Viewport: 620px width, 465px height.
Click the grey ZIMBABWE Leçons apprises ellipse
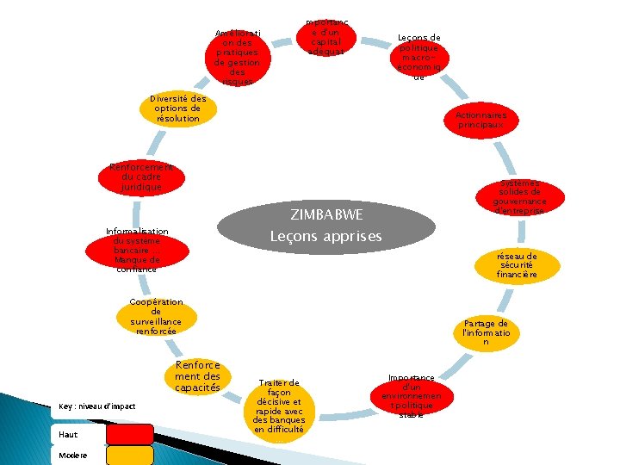[325, 224]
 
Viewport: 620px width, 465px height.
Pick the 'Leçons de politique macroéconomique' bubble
[419, 57]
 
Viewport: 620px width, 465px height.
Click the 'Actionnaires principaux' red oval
[481, 120]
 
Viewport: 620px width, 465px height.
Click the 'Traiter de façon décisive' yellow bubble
[278, 406]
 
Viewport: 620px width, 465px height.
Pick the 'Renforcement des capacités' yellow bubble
[198, 376]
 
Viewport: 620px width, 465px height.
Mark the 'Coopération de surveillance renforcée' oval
[156, 317]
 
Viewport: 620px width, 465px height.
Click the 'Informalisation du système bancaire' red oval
[137, 251]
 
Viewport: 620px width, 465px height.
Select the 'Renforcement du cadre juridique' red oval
[141, 177]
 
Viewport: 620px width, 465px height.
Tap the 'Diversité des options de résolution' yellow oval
[177, 108]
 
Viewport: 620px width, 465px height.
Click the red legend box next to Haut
[129, 434]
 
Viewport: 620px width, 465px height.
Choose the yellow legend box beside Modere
[129, 455]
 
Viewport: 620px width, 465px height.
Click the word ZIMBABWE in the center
[326, 214]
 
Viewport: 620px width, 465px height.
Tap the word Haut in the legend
[68, 435]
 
